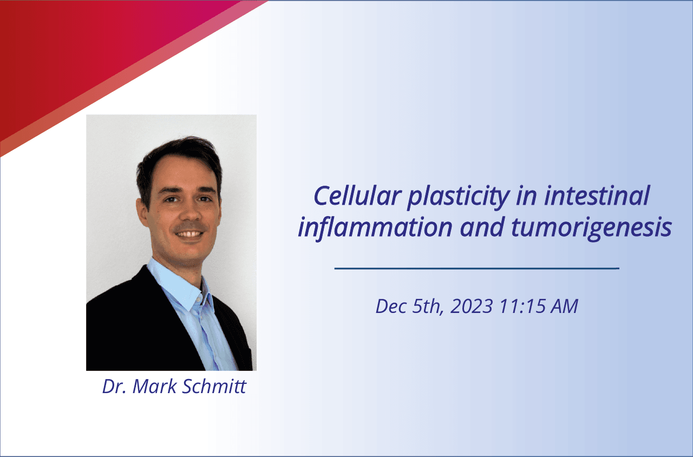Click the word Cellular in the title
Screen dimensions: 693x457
point(358,196)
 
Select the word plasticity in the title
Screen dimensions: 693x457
point(459,198)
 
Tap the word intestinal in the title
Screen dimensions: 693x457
point(597,196)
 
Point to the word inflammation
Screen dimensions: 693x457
point(376,228)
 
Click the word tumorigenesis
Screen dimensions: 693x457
point(591,229)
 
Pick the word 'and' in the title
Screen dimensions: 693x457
point(482,227)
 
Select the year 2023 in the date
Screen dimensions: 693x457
point(472,306)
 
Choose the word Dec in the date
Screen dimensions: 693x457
point(391,306)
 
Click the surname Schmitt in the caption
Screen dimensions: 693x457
point(214,386)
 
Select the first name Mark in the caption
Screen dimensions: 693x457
point(154,386)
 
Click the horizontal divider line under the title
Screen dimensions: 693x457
point(477,268)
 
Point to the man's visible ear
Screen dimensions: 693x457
point(142,213)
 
